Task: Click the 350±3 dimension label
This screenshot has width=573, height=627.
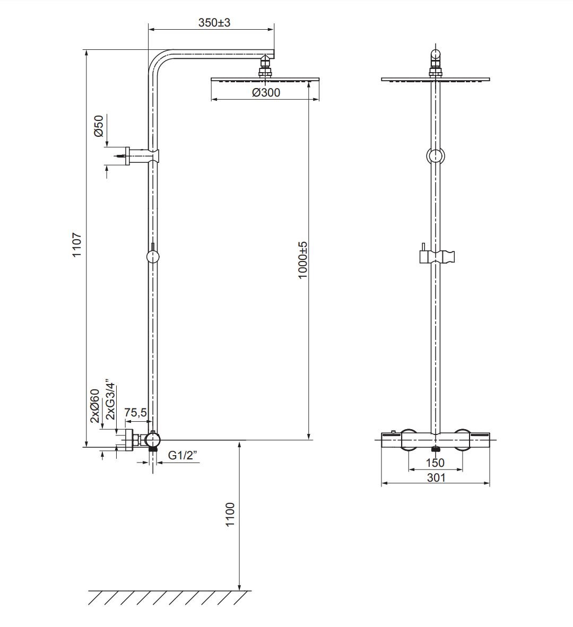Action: [214, 22]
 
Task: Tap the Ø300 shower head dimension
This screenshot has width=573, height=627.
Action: [266, 93]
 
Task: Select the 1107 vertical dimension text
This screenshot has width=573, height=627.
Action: [76, 245]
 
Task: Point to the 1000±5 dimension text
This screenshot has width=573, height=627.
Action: [303, 260]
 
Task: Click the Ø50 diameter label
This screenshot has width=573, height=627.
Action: [98, 126]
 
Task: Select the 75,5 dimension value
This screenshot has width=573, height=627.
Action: [135, 412]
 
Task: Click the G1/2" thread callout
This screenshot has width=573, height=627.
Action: [183, 455]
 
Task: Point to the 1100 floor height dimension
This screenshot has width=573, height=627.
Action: [230, 515]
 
